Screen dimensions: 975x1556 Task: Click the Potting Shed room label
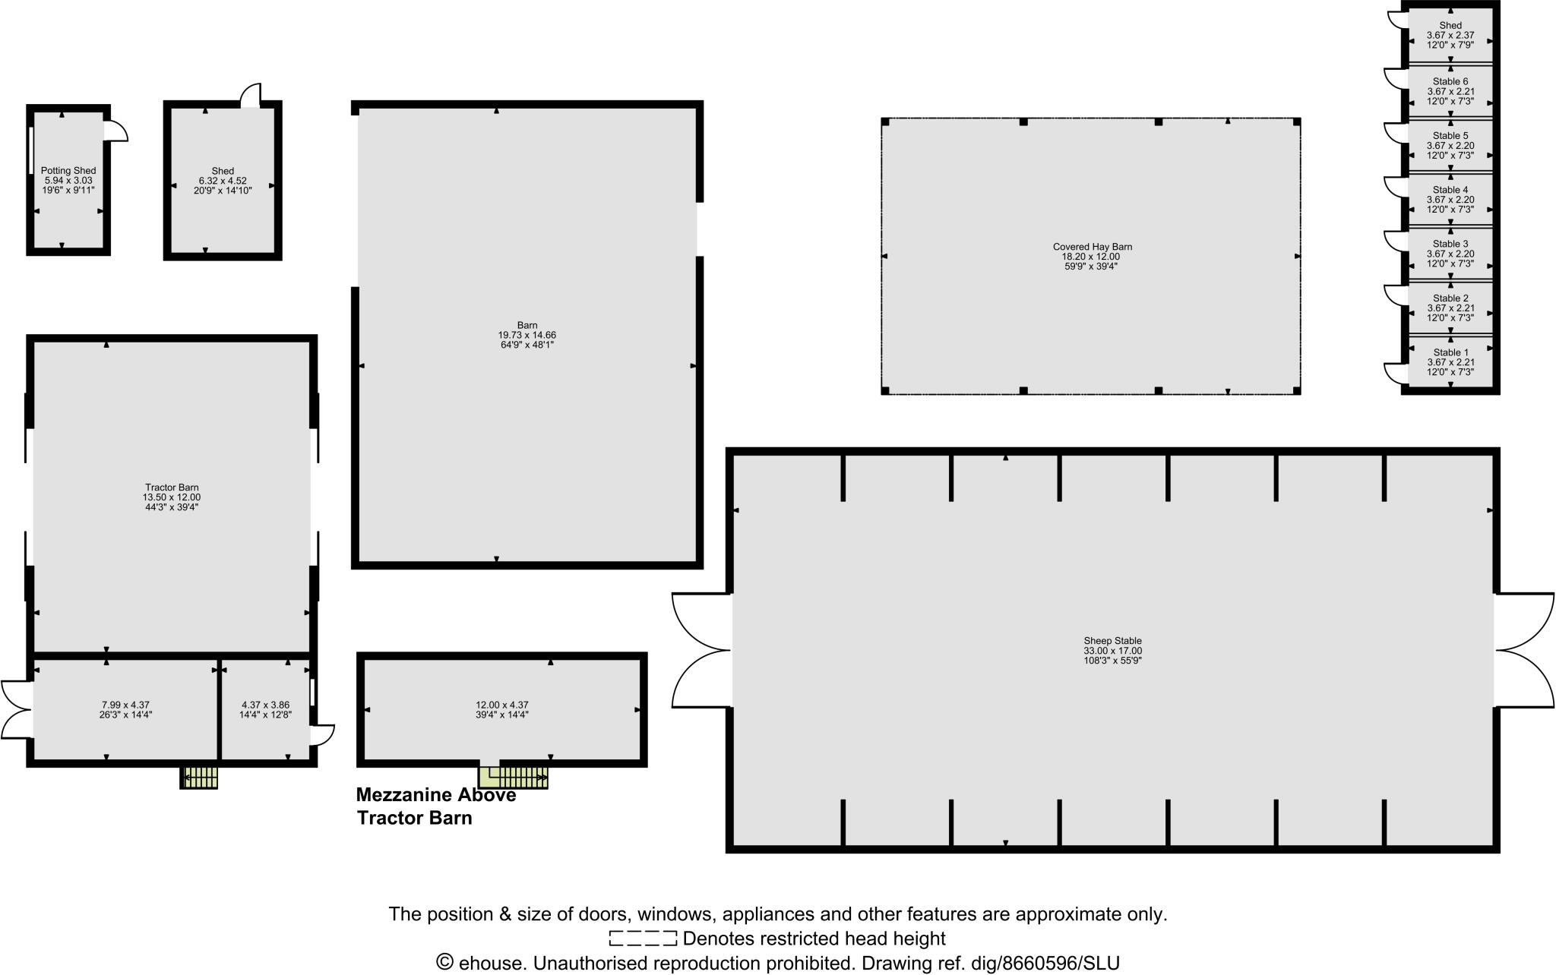pyautogui.click(x=68, y=171)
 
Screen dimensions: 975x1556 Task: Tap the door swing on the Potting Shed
pyautogui.click(x=115, y=131)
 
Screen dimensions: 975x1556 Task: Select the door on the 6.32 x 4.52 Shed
pyautogui.click(x=251, y=96)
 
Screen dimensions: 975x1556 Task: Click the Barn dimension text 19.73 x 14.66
pyautogui.click(x=527, y=335)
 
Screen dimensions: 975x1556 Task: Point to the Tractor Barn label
pyautogui.click(x=172, y=487)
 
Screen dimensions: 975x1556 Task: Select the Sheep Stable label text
pyautogui.click(x=1112, y=641)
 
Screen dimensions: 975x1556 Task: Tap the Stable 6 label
pyautogui.click(x=1450, y=81)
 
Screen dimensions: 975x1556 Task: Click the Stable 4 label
pyautogui.click(x=1450, y=190)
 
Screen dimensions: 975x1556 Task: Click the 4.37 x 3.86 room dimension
pyautogui.click(x=265, y=705)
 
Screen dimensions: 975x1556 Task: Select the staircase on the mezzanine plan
pyautogui.click(x=513, y=777)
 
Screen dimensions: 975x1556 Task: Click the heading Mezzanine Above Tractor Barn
pyautogui.click(x=436, y=806)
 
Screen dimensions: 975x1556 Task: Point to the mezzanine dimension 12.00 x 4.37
pyautogui.click(x=502, y=705)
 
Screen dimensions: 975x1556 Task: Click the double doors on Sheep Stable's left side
pyautogui.click(x=701, y=651)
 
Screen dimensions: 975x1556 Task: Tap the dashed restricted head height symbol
pyautogui.click(x=642, y=939)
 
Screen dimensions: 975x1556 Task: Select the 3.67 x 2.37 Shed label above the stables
pyautogui.click(x=1450, y=35)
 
